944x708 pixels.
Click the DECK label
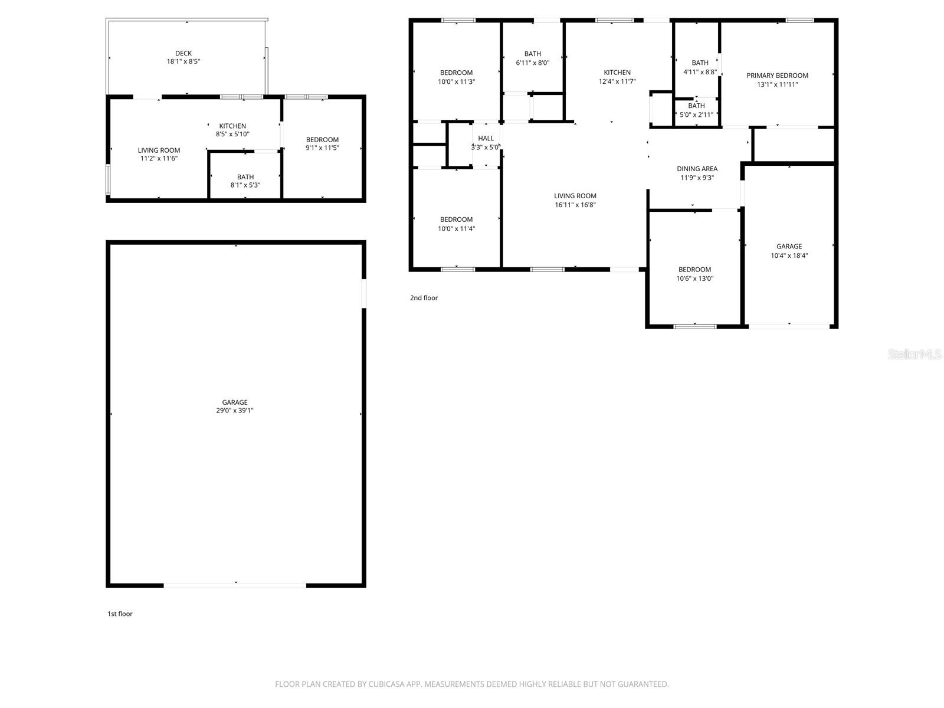pyautogui.click(x=183, y=53)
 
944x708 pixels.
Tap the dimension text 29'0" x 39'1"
pyautogui.click(x=235, y=411)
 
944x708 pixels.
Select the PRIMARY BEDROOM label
pyautogui.click(x=777, y=76)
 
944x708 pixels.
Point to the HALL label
pyautogui.click(x=486, y=139)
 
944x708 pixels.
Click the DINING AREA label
pyautogui.click(x=697, y=169)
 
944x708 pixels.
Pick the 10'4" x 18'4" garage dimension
pyautogui.click(x=789, y=256)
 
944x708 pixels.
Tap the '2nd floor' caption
pyautogui.click(x=424, y=298)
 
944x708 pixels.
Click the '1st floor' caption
pyautogui.click(x=120, y=614)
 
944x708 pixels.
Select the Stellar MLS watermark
pyautogui.click(x=914, y=354)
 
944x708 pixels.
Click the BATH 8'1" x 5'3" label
pyautogui.click(x=245, y=177)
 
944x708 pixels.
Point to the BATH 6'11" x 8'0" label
pyautogui.click(x=532, y=54)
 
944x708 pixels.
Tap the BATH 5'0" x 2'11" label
pyautogui.click(x=696, y=106)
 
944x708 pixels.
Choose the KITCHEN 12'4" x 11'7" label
pyautogui.click(x=617, y=73)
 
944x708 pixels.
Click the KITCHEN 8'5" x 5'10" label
pyautogui.click(x=232, y=126)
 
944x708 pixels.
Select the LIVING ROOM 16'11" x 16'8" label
pyautogui.click(x=575, y=196)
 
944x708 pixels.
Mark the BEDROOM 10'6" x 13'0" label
pyautogui.click(x=694, y=270)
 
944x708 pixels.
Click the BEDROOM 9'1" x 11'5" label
pyautogui.click(x=322, y=140)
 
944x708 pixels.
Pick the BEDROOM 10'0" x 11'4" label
pyautogui.click(x=456, y=219)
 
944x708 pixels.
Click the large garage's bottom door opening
pyautogui.click(x=235, y=585)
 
